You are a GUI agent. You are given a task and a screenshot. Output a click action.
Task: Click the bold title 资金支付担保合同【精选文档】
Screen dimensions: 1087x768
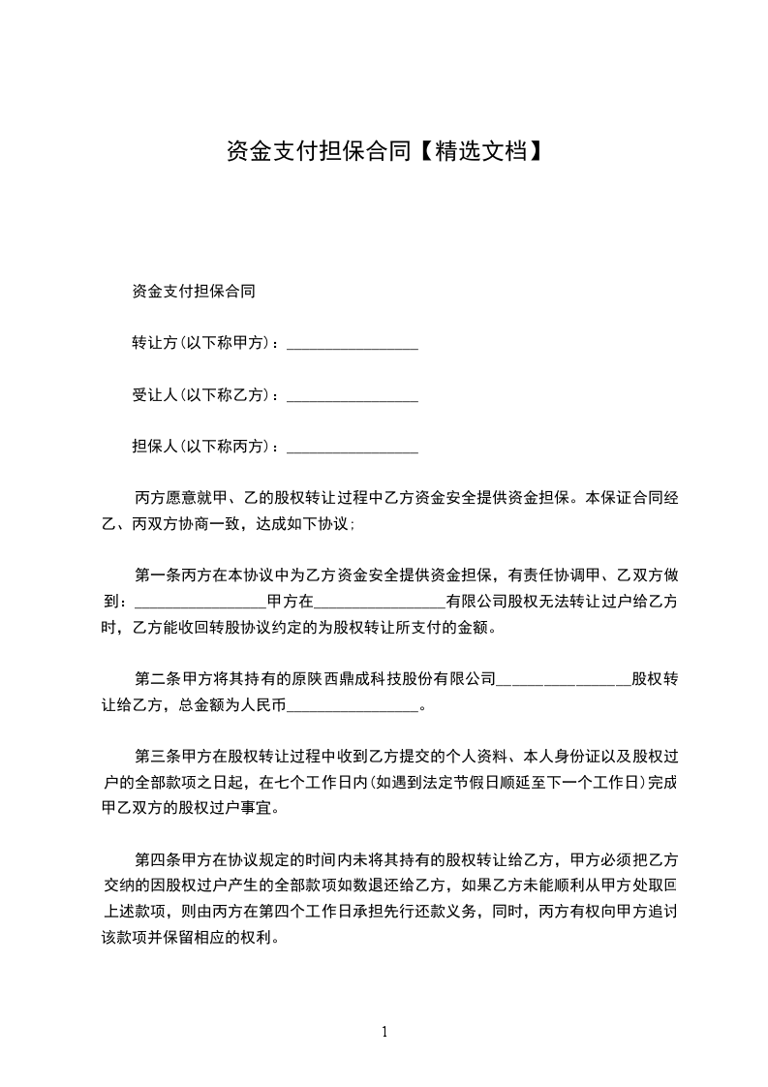coord(383,151)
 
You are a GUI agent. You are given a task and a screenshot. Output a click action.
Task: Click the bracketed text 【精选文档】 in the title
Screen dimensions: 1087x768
coord(480,151)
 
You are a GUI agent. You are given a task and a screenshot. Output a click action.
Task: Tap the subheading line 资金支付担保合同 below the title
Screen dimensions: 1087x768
coord(193,291)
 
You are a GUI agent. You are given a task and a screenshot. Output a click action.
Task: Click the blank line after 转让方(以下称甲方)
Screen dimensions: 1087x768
coord(353,345)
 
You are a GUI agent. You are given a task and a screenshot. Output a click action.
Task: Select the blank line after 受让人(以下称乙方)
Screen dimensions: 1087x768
coord(353,396)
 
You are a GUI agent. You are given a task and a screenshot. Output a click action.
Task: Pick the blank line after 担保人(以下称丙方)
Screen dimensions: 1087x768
coord(353,449)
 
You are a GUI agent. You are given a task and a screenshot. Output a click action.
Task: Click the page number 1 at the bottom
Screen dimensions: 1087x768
coord(384,1032)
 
